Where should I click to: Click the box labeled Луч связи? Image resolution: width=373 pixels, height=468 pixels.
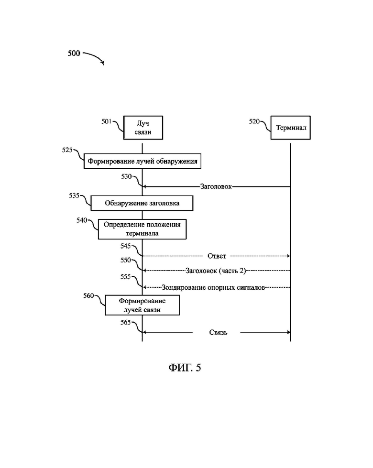pyautogui.click(x=143, y=128)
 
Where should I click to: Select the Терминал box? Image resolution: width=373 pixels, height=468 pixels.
pyautogui.click(x=291, y=128)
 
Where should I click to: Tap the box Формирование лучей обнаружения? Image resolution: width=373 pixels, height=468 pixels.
pyautogui.click(x=143, y=161)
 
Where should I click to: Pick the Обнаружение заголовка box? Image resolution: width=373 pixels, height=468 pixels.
pyautogui.click(x=142, y=203)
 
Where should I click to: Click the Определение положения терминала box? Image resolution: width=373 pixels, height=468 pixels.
pyautogui.click(x=142, y=229)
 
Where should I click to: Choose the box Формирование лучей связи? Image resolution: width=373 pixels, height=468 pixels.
pyautogui.click(x=142, y=305)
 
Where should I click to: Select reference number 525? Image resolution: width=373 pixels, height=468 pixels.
pyautogui.click(x=67, y=150)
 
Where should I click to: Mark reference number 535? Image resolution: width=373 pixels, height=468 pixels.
pyautogui.click(x=73, y=196)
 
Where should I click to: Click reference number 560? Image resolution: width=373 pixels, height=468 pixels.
pyautogui.click(x=88, y=296)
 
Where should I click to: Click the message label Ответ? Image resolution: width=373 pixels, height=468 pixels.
pyautogui.click(x=217, y=256)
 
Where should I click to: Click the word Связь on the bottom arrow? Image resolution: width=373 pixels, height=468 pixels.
pyautogui.click(x=218, y=332)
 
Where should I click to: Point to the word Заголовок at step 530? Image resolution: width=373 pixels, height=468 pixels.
pyautogui.click(x=216, y=186)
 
